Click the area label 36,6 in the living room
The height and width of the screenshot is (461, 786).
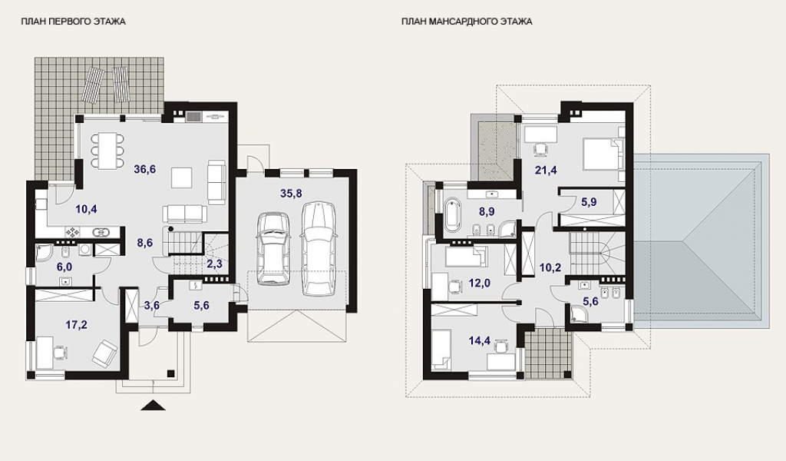pos(145,170)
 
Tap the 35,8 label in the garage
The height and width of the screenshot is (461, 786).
pos(291,193)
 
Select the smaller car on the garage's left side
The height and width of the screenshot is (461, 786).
pos(273,249)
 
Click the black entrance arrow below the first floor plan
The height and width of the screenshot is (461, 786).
pos(153,406)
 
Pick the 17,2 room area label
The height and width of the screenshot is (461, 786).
pos(77,325)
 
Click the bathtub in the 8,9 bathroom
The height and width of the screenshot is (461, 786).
pos(453,216)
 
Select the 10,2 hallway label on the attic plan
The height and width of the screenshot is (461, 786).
pos(550,267)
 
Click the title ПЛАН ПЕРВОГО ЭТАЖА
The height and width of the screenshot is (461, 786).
pos(73,22)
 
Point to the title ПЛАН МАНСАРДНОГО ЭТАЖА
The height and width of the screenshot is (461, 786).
pos(467,22)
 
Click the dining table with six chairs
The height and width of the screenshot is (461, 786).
pos(107,150)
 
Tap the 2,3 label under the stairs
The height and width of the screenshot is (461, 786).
pos(215,263)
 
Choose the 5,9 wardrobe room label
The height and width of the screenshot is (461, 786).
pos(589,202)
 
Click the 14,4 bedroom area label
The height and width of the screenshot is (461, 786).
pos(479,341)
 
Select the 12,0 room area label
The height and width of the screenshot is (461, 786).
pos(479,284)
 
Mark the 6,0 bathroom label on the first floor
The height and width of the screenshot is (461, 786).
pos(64,267)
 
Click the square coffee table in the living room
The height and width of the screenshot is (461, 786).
pos(181,177)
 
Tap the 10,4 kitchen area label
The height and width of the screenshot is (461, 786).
pos(86,209)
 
